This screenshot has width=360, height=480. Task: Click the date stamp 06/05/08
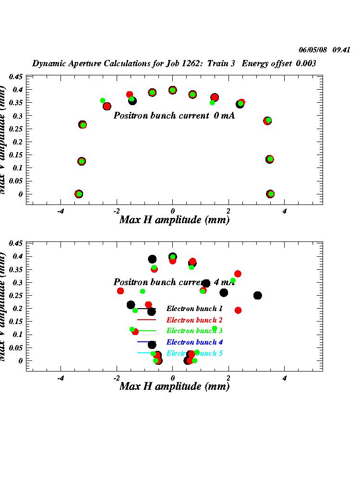coord(312,49)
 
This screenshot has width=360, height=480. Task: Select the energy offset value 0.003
coord(306,63)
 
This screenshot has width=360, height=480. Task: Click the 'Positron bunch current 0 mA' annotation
coord(174,116)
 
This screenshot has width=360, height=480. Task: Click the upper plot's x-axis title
coord(174,220)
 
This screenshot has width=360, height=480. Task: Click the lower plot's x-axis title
coord(174,386)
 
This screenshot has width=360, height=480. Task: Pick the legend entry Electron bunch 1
coord(194,308)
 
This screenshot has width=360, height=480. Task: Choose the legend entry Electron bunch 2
coord(194,320)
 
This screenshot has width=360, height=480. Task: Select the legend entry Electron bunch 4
coord(194,342)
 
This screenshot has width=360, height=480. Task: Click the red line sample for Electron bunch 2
coord(147,320)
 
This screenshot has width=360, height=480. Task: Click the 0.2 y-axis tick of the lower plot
coord(17,308)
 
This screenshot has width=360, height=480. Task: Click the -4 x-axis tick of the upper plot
coord(60,211)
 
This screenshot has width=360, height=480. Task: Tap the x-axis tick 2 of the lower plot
coord(228,378)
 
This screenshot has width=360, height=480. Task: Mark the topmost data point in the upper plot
coord(173,90)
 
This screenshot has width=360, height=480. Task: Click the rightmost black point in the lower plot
coord(258,295)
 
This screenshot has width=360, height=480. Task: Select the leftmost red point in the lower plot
coord(120,291)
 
